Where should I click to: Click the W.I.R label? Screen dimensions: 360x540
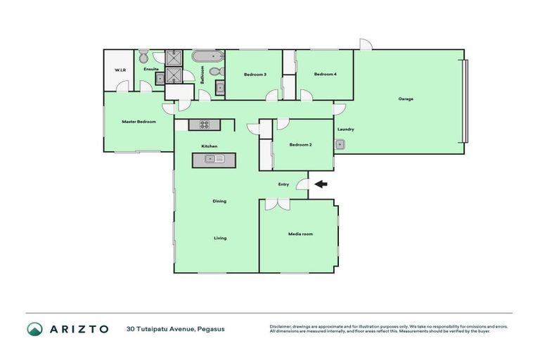pyautogui.click(x=119, y=70)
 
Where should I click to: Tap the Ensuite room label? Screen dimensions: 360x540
pyautogui.click(x=150, y=69)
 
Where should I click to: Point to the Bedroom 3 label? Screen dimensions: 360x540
pyautogui.click(x=255, y=75)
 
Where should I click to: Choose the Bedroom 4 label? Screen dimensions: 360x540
pyautogui.click(x=324, y=75)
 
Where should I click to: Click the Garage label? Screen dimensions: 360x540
pyautogui.click(x=406, y=99)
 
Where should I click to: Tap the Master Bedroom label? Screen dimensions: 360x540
pyautogui.click(x=139, y=122)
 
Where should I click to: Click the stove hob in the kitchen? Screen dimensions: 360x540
pyautogui.click(x=205, y=124)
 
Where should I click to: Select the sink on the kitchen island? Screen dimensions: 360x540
pyautogui.click(x=214, y=159)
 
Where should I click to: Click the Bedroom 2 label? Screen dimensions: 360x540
pyautogui.click(x=300, y=145)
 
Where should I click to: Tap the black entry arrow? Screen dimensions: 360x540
pyautogui.click(x=321, y=185)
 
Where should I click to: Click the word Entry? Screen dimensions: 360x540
pyautogui.click(x=283, y=184)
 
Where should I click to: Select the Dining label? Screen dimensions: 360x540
pyautogui.click(x=219, y=202)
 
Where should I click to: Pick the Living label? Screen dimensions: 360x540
pyautogui.click(x=220, y=238)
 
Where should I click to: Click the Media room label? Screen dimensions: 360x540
pyautogui.click(x=300, y=233)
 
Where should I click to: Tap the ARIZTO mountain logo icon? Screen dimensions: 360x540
pyautogui.click(x=34, y=329)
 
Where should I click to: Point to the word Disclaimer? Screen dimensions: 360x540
pyautogui.click(x=281, y=326)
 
